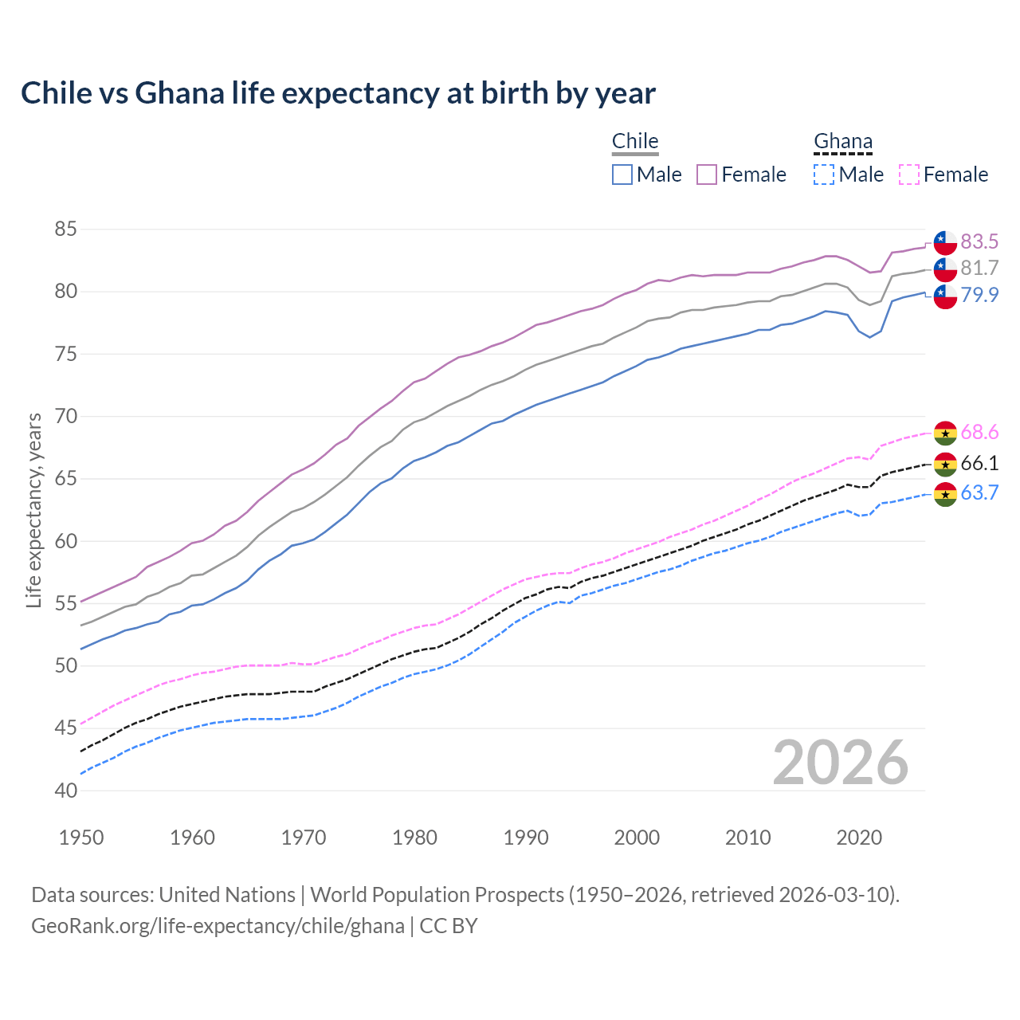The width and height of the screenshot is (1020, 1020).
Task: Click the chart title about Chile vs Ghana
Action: click(x=338, y=93)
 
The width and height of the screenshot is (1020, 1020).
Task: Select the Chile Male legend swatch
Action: click(x=622, y=175)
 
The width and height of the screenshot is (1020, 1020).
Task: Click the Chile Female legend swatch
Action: click(x=707, y=175)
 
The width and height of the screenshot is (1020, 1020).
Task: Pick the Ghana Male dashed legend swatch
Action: click(x=824, y=175)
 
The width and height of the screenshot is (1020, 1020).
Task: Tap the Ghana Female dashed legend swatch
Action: click(x=908, y=175)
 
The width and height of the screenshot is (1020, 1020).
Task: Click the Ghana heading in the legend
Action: click(x=843, y=142)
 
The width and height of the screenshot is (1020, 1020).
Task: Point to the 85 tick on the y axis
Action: click(x=65, y=229)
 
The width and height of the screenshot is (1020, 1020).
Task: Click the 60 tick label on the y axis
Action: click(x=65, y=542)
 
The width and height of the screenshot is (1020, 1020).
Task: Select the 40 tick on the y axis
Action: click(x=65, y=791)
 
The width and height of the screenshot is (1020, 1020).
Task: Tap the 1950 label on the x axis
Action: click(x=81, y=838)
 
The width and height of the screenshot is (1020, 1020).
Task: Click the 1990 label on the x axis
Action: click(x=526, y=838)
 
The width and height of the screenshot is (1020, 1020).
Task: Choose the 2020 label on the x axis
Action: click(x=859, y=838)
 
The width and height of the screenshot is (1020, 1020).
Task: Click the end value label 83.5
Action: click(x=979, y=241)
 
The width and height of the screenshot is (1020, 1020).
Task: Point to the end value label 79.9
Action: click(x=979, y=295)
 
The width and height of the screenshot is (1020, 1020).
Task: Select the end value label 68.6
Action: click(x=979, y=433)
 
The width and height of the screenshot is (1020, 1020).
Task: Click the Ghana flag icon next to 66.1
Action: click(x=945, y=464)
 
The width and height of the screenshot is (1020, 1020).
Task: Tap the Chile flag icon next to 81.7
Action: click(x=945, y=269)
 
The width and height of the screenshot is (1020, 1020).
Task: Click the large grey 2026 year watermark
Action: click(x=841, y=763)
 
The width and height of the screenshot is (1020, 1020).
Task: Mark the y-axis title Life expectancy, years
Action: click(x=33, y=510)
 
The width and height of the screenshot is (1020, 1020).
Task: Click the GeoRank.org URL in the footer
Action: click(x=218, y=926)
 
